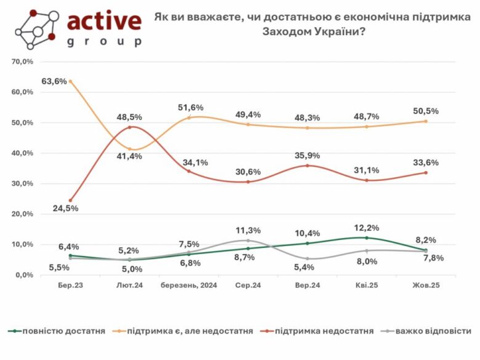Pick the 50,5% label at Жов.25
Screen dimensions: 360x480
425,111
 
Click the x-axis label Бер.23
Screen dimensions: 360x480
70,286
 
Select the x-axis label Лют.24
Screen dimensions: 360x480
129,286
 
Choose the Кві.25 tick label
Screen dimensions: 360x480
366,286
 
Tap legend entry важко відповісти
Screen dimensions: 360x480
434,331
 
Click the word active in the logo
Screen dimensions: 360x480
103,22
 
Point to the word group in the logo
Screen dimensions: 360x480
103,42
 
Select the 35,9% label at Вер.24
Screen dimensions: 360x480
308,156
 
